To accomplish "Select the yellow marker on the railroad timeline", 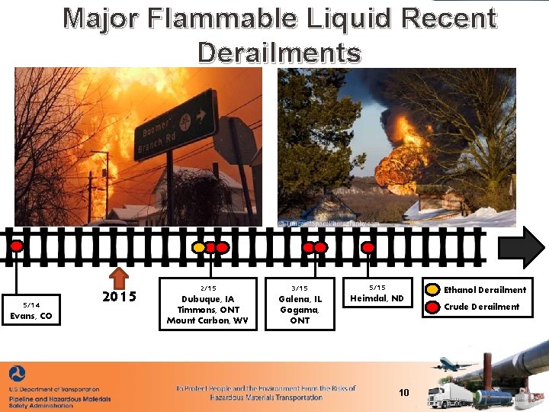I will (x=198, y=248).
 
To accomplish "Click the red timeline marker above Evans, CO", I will (x=16, y=246).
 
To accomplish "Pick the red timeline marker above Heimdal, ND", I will (x=368, y=247).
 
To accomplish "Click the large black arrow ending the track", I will (x=522, y=247).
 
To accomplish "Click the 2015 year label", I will (x=119, y=296).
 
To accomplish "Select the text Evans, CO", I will (x=31, y=316).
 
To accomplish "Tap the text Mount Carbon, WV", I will (x=207, y=320).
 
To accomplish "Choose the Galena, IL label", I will (x=300, y=299).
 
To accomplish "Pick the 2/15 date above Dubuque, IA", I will (x=207, y=288).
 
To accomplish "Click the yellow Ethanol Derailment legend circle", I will (x=432, y=289).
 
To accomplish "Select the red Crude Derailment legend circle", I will (x=432, y=307).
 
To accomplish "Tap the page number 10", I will (x=404, y=393).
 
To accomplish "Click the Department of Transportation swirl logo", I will (x=17, y=374).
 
